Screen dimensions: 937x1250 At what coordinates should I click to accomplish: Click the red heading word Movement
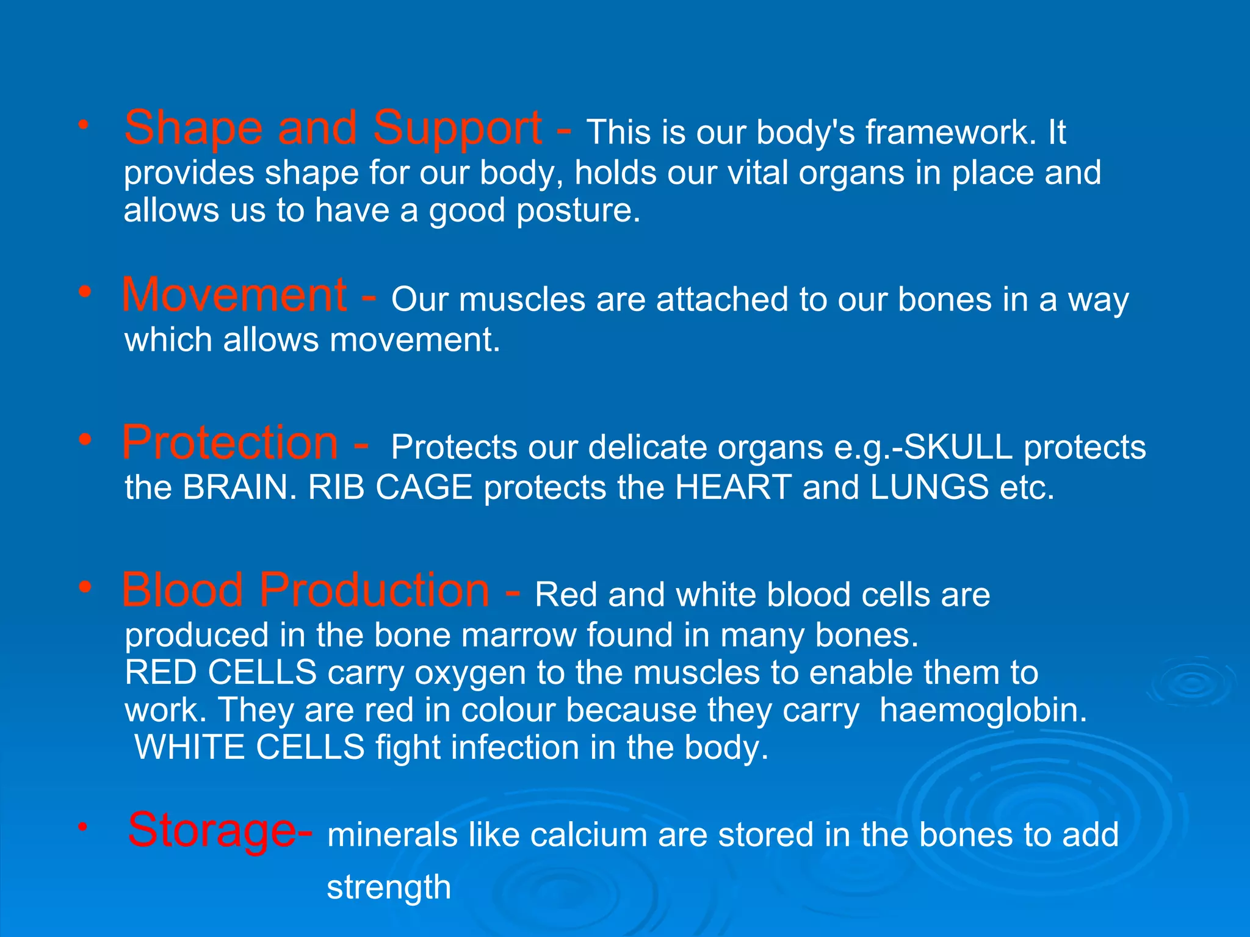coord(234,295)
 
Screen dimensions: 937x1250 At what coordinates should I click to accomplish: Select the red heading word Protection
coord(229,443)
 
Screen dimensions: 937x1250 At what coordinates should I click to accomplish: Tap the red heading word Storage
coord(211,831)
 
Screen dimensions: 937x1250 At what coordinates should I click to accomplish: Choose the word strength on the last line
coord(389,888)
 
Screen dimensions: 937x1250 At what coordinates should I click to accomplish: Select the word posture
coord(578,211)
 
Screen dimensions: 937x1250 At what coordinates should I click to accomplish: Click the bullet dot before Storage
coord(83,828)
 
